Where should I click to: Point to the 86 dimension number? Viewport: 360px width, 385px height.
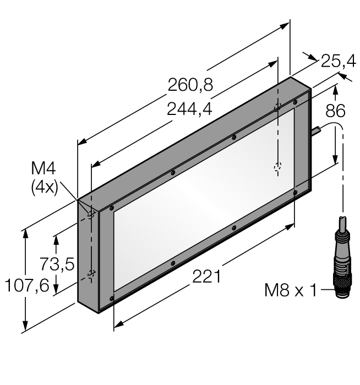tap(335, 111)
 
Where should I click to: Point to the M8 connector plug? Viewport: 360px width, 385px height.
tap(341, 269)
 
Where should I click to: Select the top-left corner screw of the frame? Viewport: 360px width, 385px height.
tap(112, 208)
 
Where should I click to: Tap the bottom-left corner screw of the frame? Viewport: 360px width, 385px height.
tap(112, 299)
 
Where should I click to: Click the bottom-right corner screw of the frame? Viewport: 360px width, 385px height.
tap(296, 192)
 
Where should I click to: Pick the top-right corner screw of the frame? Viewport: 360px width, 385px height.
tap(296, 102)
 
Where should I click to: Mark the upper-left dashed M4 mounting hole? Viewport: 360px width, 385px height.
tap(92, 213)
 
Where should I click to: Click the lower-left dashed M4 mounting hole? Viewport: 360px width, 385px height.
tap(92, 273)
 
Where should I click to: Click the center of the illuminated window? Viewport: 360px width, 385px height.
tap(204, 200)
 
